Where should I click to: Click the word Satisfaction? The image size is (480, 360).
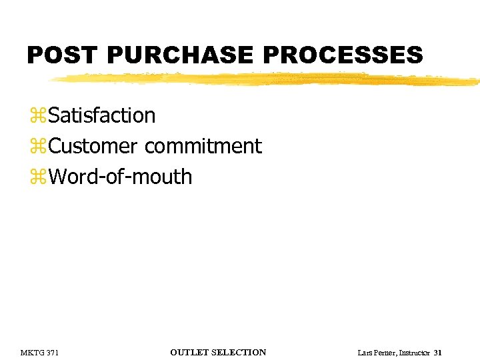point(102,115)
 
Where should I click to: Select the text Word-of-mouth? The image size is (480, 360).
point(120,177)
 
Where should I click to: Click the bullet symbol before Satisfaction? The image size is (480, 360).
point(39,116)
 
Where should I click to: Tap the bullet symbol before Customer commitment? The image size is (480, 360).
point(39,147)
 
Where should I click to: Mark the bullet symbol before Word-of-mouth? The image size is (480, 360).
point(39,177)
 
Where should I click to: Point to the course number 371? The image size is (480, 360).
point(52,353)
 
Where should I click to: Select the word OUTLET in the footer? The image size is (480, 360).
point(190,353)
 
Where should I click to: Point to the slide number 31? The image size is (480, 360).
point(437,353)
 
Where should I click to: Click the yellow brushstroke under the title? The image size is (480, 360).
point(267,80)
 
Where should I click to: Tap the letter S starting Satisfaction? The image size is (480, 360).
point(54,115)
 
